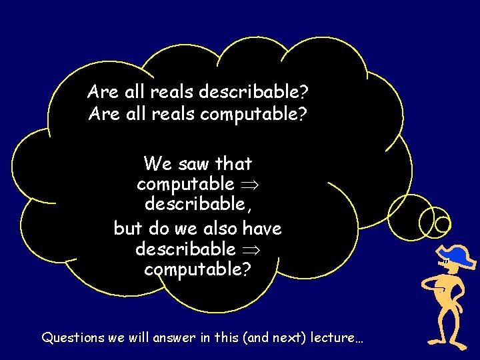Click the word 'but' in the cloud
pyautogui.click(x=128, y=229)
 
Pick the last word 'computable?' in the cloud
pyautogui.click(x=198, y=270)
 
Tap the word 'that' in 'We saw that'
pyautogui.click(x=234, y=163)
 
